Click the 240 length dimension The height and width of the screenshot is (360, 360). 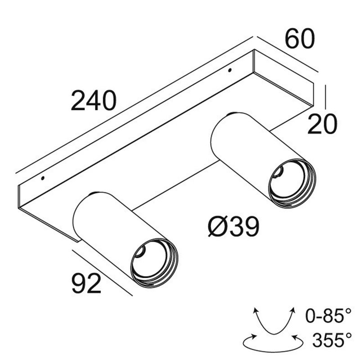click(94, 101)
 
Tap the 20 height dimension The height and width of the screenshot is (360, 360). click(322, 124)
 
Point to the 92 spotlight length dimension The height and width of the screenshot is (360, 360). click(86, 284)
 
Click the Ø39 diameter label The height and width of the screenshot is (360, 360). click(234, 228)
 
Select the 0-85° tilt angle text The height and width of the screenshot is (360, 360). click(327, 316)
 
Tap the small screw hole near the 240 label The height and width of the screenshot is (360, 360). click(43, 178)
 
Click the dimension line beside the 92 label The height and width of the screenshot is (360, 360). click(103, 272)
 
